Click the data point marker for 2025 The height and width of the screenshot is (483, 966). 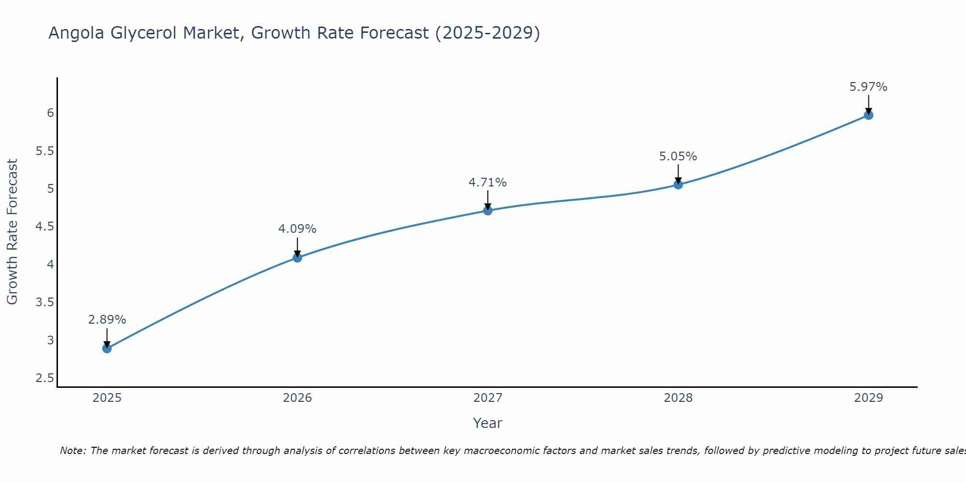[x=107, y=348]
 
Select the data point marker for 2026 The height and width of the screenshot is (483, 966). [x=297, y=257]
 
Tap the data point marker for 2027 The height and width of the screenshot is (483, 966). [x=487, y=210]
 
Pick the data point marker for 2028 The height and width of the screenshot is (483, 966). [x=678, y=185]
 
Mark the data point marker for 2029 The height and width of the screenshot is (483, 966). [x=868, y=115]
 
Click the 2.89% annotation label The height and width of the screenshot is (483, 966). [x=107, y=320]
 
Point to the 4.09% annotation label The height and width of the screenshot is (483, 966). [x=297, y=229]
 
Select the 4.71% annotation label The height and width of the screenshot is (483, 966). [x=487, y=183]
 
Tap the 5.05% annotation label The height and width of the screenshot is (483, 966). [x=678, y=156]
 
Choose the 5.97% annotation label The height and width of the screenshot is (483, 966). [x=868, y=87]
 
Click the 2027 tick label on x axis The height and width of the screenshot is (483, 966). [x=487, y=398]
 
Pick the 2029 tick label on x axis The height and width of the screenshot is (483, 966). [x=868, y=398]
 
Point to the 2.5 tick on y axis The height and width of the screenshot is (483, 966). [x=44, y=378]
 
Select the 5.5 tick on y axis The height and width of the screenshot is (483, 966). [x=44, y=151]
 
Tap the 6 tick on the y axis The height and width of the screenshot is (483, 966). [x=50, y=113]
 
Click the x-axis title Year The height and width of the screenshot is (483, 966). [x=487, y=423]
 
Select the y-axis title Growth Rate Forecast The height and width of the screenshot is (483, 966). [x=12, y=232]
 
